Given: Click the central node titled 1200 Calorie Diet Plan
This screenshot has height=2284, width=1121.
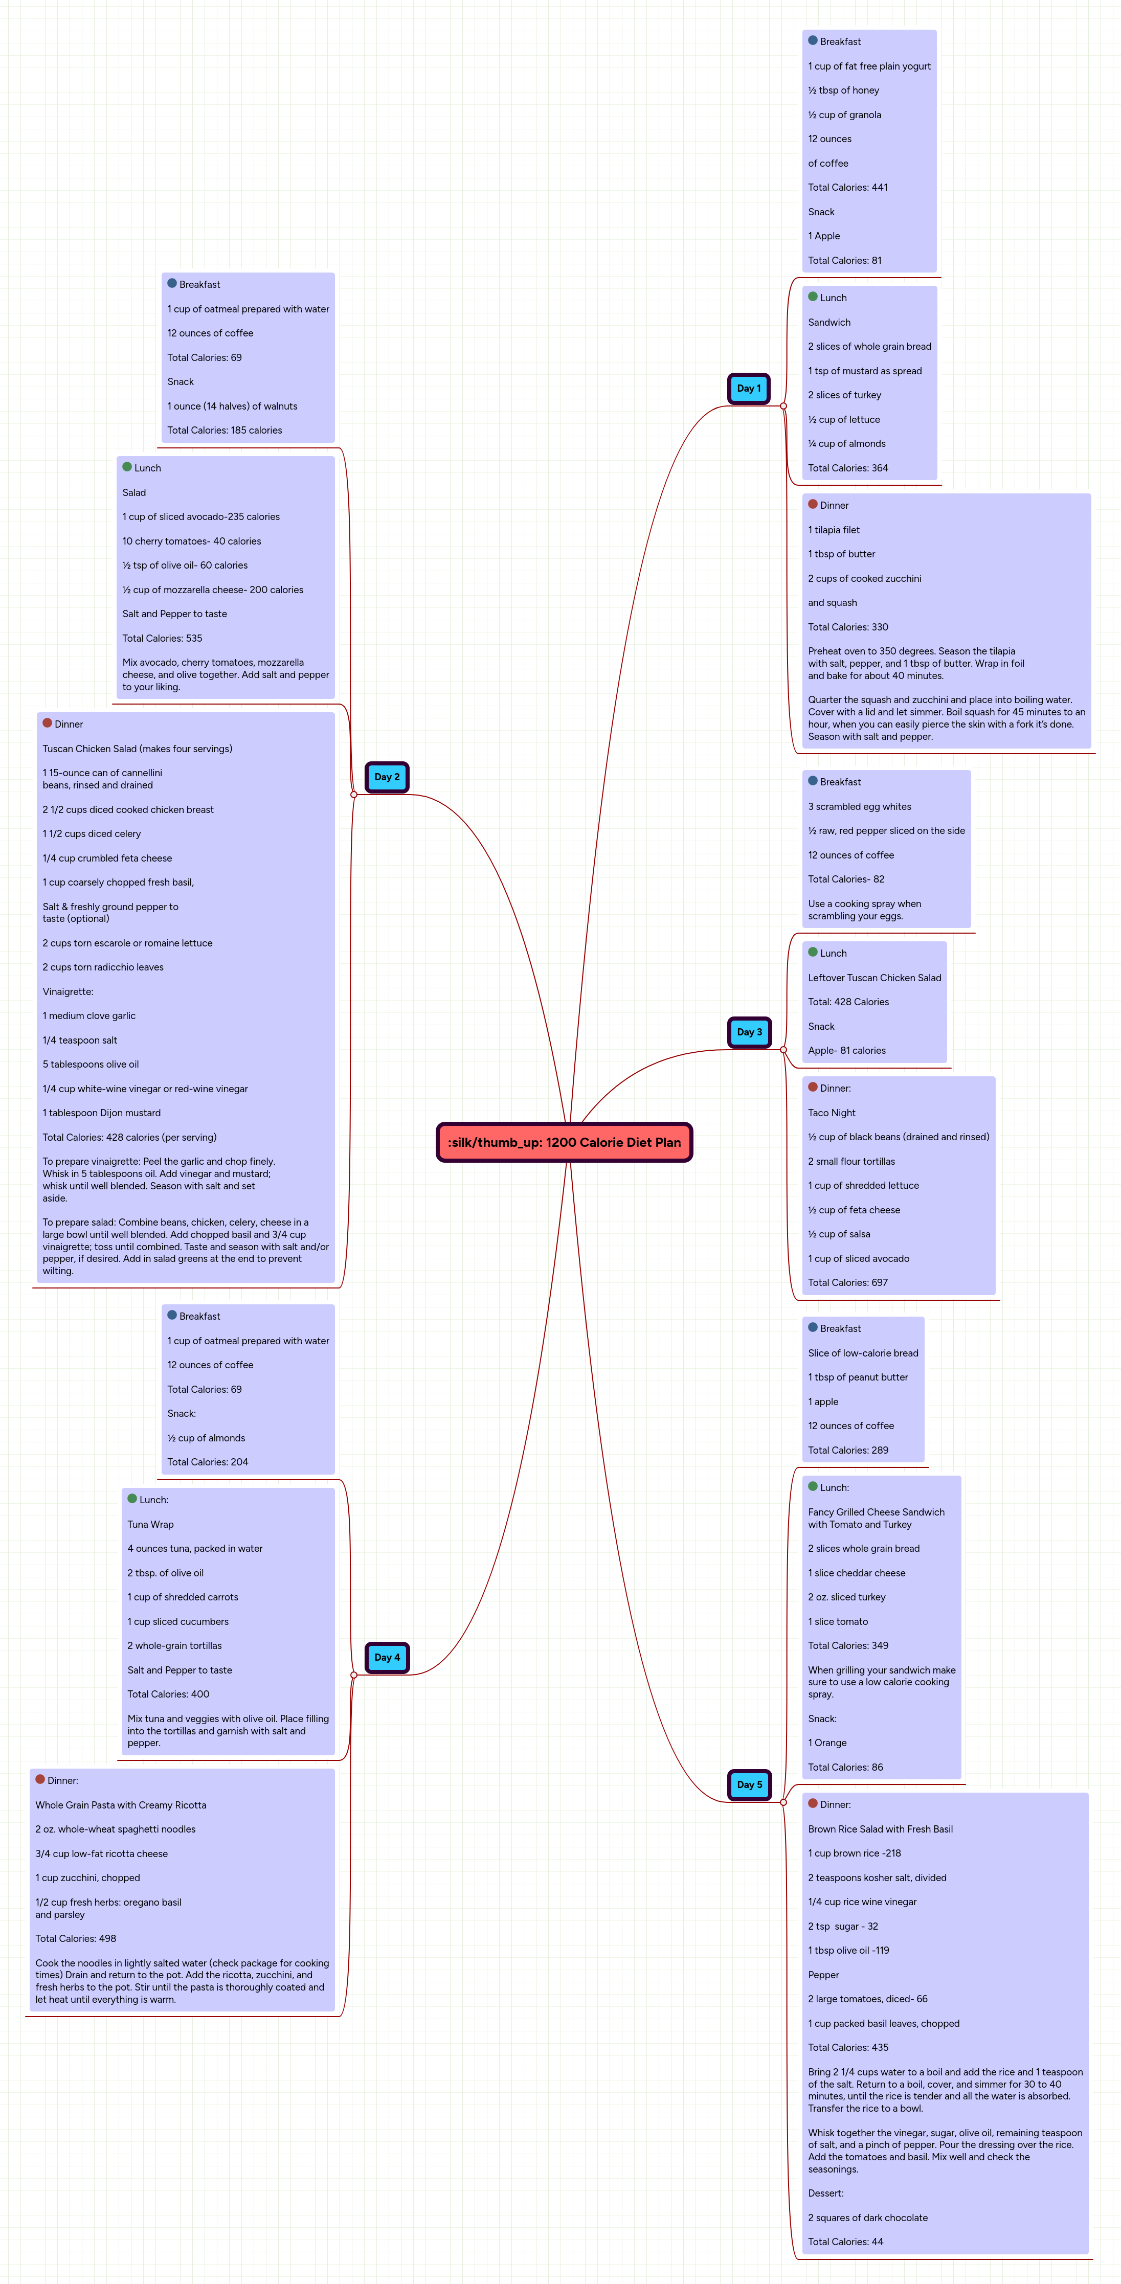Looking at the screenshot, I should pos(564,1142).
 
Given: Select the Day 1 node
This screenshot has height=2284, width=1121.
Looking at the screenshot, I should pos(749,389).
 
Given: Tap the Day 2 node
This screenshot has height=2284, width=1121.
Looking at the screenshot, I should pos(387,777).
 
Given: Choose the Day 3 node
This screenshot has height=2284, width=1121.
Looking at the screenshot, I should pos(749,1032).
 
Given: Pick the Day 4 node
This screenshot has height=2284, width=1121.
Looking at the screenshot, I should pos(387,1657).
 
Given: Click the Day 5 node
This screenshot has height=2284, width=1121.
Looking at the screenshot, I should pos(749,1785).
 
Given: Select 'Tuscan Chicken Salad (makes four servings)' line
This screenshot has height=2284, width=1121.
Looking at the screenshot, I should pos(138,749).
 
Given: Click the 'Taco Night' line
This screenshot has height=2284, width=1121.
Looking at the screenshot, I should pos(831,1113).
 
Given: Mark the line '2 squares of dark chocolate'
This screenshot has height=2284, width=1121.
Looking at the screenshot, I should pos(867,2218).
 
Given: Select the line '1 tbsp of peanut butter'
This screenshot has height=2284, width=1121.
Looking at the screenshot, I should pos(858,1377).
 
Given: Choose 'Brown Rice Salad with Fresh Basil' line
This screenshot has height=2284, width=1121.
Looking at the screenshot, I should pos(880,1829).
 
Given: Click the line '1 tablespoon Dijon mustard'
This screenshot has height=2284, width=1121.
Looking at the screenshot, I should pos(101,1113).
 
